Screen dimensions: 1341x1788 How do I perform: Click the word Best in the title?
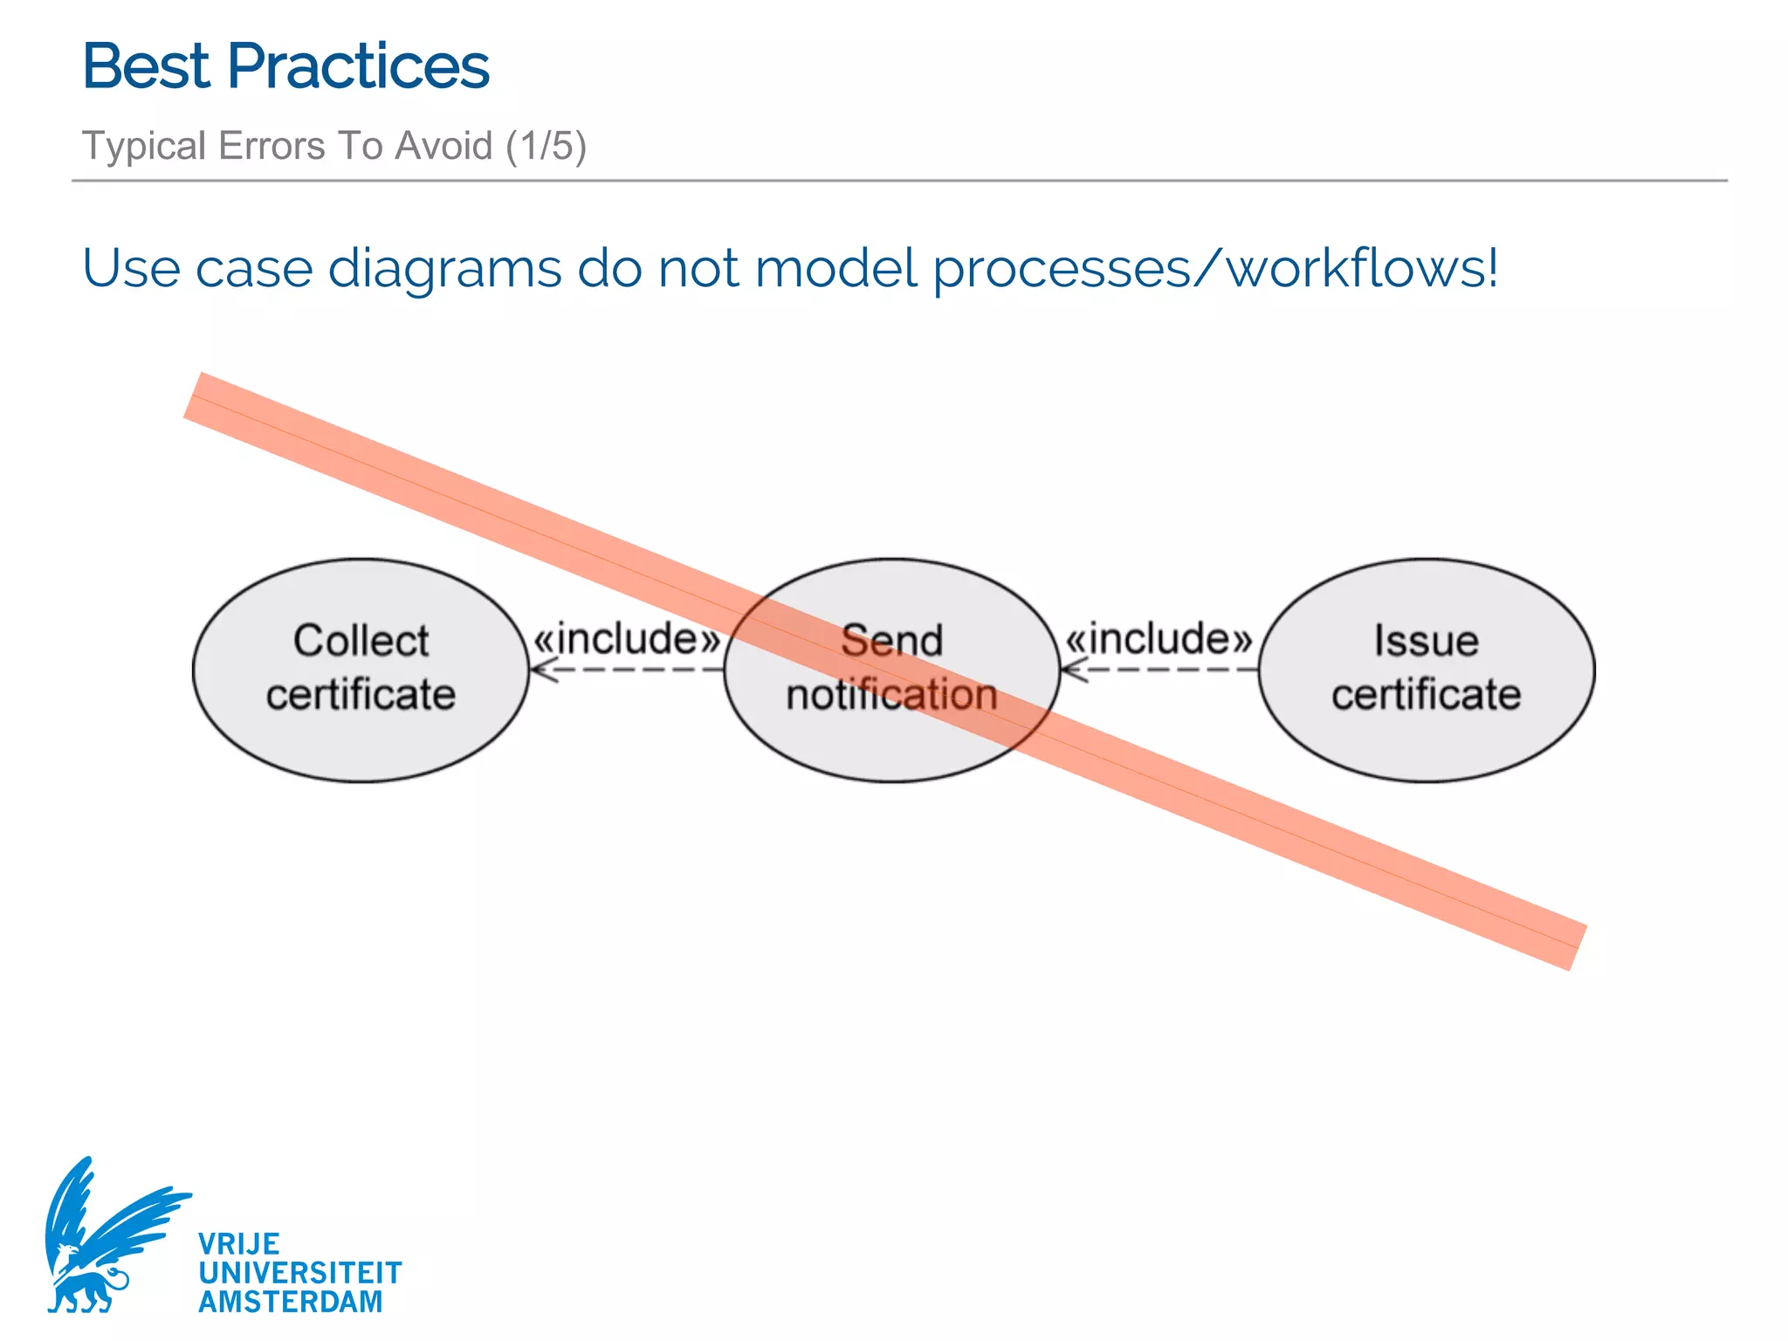(146, 66)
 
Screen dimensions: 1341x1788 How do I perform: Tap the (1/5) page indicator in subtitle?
(546, 145)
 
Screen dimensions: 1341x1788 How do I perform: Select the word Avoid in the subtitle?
(444, 145)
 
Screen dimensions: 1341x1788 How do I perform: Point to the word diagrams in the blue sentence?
(444, 269)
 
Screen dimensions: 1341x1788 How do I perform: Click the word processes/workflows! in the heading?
(1214, 269)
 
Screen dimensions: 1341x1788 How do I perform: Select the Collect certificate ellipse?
(361, 670)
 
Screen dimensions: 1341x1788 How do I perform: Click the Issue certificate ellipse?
(1426, 670)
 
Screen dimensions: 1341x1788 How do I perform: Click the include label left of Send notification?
(627, 638)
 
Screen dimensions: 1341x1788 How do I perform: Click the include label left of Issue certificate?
(1159, 638)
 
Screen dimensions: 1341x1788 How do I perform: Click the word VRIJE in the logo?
(238, 1243)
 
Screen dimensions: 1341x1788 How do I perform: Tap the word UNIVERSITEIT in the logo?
(299, 1272)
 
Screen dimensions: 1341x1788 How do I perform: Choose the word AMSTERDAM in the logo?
(290, 1302)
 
